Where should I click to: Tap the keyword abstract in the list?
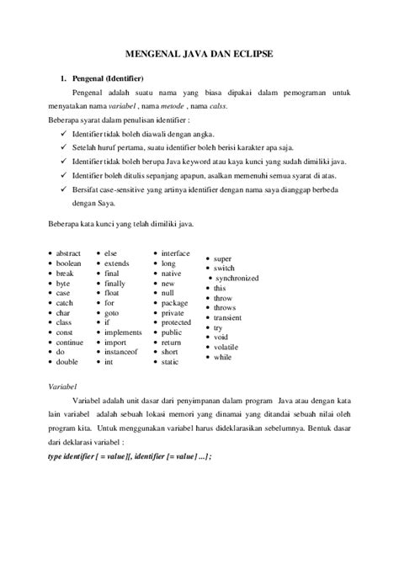coord(69,253)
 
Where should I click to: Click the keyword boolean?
coord(69,263)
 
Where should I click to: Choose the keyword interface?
coord(176,253)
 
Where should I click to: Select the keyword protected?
coord(177,322)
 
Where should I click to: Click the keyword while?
coord(223,357)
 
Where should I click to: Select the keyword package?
coord(174,302)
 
